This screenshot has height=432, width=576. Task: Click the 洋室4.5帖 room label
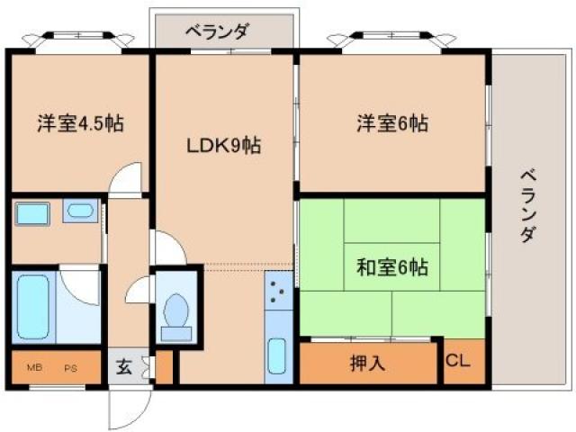click(80, 124)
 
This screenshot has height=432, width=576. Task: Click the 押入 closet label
click(367, 364)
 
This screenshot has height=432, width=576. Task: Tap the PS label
click(69, 368)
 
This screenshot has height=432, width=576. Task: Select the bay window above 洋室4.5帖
click(78, 39)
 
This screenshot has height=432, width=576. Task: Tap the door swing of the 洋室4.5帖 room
click(127, 177)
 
